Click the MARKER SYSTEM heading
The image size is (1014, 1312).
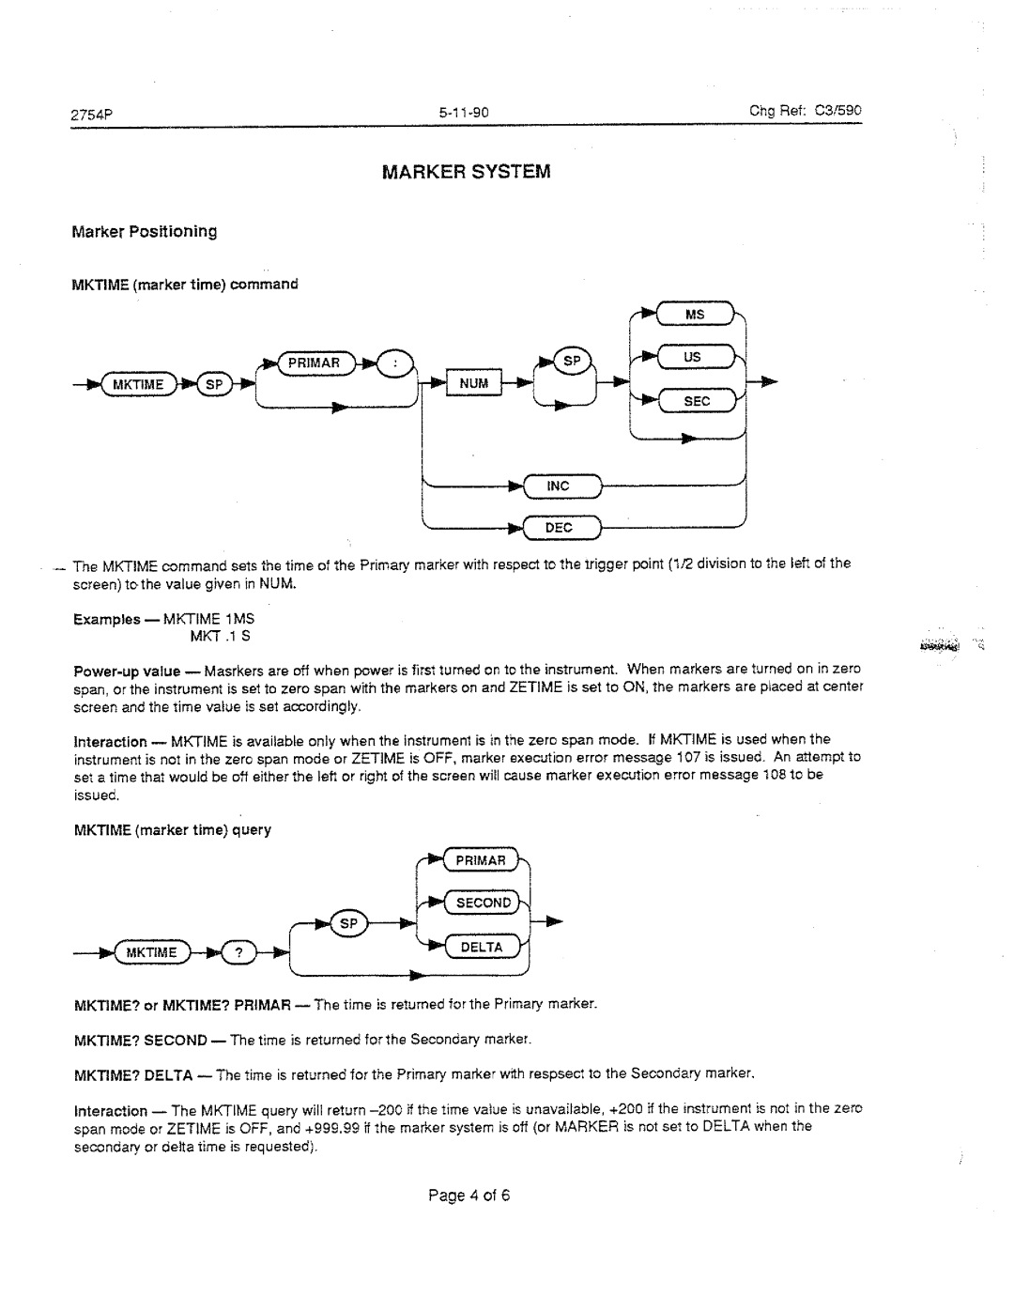pyautogui.click(x=466, y=173)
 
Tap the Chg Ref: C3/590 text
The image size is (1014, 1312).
pyautogui.click(x=805, y=111)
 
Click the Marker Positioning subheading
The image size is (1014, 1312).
pyautogui.click(x=145, y=231)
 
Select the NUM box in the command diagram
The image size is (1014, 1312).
pyautogui.click(x=474, y=383)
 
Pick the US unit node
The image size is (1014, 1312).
pyautogui.click(x=694, y=358)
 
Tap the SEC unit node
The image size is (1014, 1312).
pyautogui.click(x=696, y=401)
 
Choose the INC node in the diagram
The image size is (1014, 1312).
pyautogui.click(x=559, y=486)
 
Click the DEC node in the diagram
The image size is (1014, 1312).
pyautogui.click(x=559, y=528)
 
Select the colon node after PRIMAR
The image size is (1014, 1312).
pyautogui.click(x=395, y=362)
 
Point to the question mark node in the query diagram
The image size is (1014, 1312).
pyautogui.click(x=239, y=953)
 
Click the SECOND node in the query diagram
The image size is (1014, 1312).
pyautogui.click(x=484, y=903)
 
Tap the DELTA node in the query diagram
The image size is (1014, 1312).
pyautogui.click(x=482, y=947)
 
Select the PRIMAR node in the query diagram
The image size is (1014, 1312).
pyautogui.click(x=481, y=860)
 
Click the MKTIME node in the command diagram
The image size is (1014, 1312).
pyautogui.click(x=139, y=384)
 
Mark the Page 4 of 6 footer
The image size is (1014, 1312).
pyautogui.click(x=468, y=1196)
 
